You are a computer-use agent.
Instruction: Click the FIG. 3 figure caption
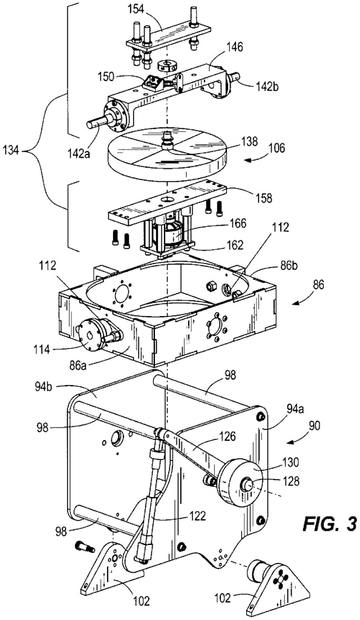(330, 524)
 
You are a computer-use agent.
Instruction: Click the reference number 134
(12, 151)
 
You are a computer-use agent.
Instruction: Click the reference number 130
(291, 461)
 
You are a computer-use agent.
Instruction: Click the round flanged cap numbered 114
(93, 334)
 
